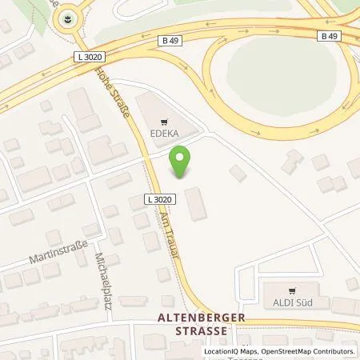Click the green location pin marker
(182, 163)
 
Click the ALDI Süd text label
(294, 302)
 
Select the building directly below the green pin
(195, 203)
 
